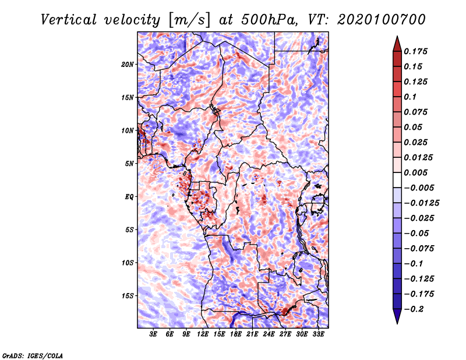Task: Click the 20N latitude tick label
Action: pos(128,64)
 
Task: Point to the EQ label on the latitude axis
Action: pos(129,196)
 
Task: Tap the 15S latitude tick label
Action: pos(128,296)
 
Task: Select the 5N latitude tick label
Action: pos(129,164)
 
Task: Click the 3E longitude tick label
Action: pos(154,334)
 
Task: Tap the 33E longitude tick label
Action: pos(318,334)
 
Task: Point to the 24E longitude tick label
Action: pos(269,334)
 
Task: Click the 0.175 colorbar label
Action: pos(416,51)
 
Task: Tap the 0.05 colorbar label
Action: pos(414,127)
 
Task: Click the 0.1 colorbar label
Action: pos(410,97)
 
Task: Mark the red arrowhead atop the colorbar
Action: pos(397,42)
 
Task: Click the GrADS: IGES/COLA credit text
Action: pos(32,355)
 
